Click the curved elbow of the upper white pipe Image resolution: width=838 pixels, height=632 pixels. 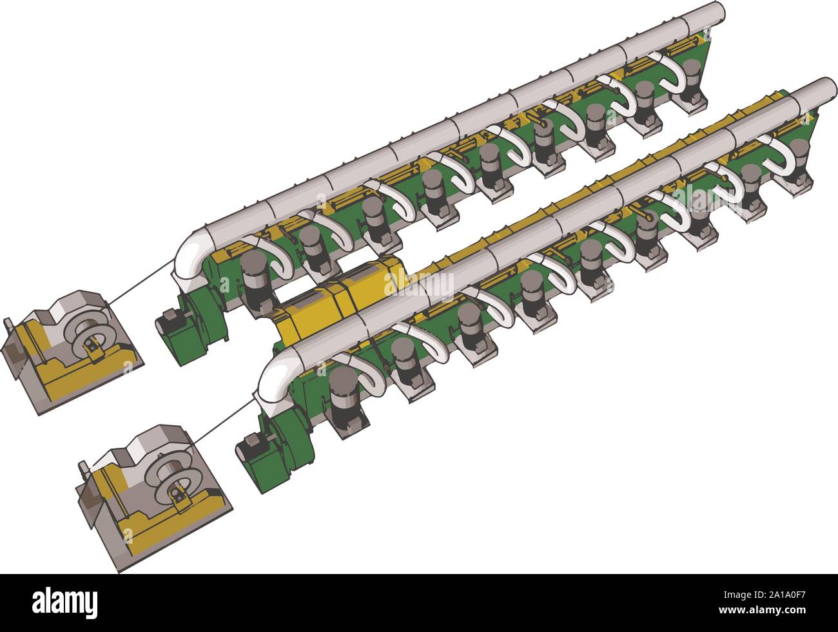[x=191, y=256]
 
